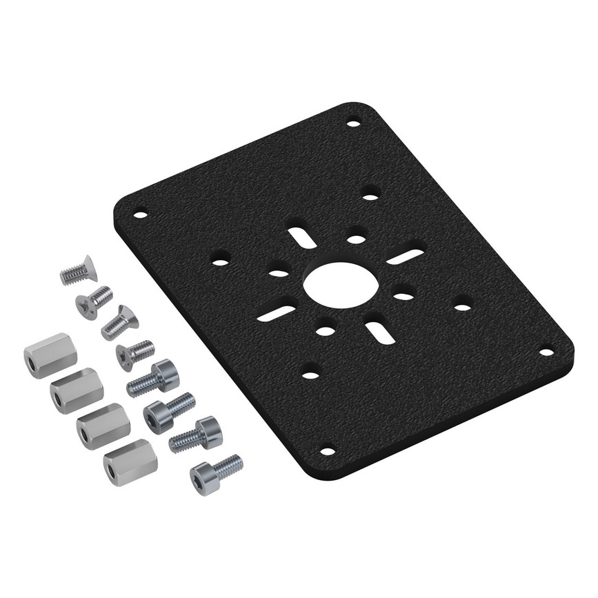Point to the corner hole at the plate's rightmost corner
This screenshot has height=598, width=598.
pyautogui.click(x=546, y=351)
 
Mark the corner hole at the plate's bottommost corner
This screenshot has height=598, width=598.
pyautogui.click(x=328, y=452)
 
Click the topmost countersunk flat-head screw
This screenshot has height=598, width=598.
pyautogui.click(x=77, y=272)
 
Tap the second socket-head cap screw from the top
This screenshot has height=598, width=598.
pyautogui.click(x=169, y=410)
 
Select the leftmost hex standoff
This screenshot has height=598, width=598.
pyautogui.click(x=50, y=352)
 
